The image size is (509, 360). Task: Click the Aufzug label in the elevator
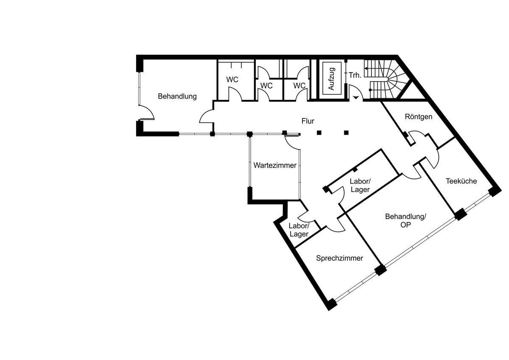pos(332,79)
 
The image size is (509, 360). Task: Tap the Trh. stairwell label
pos(355,75)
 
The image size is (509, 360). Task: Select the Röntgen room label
pos(419,117)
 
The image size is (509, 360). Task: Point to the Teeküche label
pos(461,181)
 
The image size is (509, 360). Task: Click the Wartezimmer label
pos(275,165)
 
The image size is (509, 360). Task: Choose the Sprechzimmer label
pos(339,258)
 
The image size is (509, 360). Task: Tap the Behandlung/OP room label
pos(406,221)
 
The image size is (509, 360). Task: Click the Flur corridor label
pos(308,121)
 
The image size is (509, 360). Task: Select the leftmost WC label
pos(232,79)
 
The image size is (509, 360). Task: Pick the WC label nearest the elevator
pos(299,86)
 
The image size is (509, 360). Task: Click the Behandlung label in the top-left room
pos(177,96)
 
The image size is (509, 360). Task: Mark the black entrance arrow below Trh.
pos(355,98)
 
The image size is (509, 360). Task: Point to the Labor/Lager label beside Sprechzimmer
pos(299,230)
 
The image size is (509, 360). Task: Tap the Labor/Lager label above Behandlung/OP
pos(360,186)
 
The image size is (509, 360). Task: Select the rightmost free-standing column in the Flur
pos(346,132)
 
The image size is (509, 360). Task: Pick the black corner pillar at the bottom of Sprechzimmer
pos(332,304)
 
